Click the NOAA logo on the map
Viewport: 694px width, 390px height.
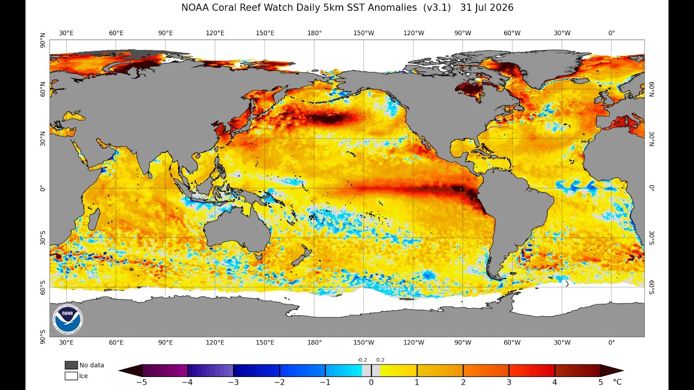68,320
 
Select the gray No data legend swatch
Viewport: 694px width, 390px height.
71,365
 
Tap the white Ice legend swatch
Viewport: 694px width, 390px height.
71,376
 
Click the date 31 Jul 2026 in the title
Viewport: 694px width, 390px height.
487,8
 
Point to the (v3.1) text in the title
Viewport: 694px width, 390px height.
437,8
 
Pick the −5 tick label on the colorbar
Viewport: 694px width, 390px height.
142,382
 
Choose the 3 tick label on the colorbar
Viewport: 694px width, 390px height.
509,382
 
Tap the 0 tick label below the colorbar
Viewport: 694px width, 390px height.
371,382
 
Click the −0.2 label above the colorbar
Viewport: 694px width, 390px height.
362,360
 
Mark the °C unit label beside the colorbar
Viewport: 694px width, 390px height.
617,382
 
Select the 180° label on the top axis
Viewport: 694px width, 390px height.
314,33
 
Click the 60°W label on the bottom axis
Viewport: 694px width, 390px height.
512,343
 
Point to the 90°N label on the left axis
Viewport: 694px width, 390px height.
42,40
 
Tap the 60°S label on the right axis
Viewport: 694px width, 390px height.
652,288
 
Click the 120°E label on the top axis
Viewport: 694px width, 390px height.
215,33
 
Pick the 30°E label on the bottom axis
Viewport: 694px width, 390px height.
66,343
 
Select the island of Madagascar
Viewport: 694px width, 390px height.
94,219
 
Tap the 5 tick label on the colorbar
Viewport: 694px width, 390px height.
600,382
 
